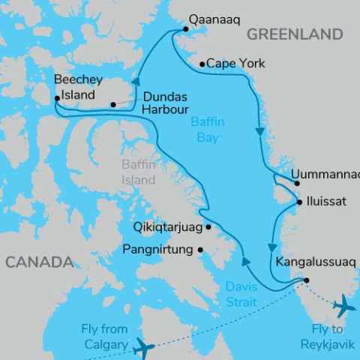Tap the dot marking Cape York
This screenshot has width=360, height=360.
click(x=202, y=64)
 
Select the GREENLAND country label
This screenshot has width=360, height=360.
click(x=295, y=34)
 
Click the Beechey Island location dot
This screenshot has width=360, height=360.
click(x=57, y=98)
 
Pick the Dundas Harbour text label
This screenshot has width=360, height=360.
click(x=164, y=103)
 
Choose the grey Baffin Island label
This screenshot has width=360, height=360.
click(x=139, y=172)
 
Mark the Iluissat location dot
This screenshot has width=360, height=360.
click(x=299, y=202)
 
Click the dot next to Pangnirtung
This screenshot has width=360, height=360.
click(x=200, y=250)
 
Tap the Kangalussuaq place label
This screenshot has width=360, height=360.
click(x=315, y=262)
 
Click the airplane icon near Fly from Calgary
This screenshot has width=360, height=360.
click(x=142, y=347)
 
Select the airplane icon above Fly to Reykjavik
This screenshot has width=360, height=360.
click(x=344, y=306)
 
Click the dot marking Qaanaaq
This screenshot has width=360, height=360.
click(x=185, y=29)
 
